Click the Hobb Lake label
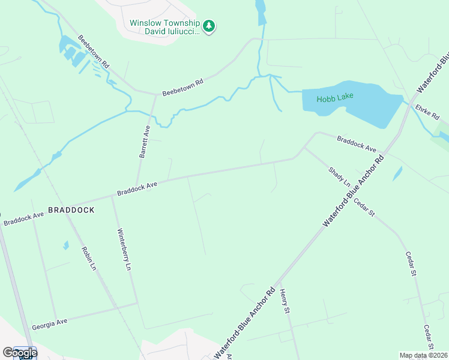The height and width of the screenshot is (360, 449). (336, 96)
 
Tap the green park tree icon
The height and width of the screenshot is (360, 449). (208, 26)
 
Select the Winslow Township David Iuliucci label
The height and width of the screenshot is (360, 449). (164, 27)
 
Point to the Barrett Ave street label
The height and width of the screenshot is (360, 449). (145, 142)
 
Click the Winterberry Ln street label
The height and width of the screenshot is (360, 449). (124, 250)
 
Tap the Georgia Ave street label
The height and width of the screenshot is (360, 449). (50, 322)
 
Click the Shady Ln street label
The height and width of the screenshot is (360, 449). (339, 176)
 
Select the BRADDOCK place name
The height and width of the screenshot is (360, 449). (71, 210)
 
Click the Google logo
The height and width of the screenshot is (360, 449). (19, 353)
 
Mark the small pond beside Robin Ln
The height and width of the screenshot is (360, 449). (65, 245)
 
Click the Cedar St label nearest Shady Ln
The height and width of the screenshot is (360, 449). (364, 207)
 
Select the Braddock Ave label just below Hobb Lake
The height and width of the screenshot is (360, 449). (356, 144)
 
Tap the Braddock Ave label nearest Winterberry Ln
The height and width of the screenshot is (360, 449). (137, 188)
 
